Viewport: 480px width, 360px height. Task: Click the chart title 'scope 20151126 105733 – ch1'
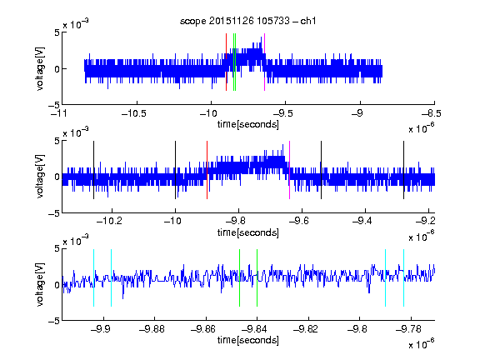(x=248, y=21)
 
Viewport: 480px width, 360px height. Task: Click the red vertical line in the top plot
(x=226, y=62)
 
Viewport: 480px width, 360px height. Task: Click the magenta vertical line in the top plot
(x=264, y=62)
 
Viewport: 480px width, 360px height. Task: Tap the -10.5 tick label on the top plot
(x=134, y=113)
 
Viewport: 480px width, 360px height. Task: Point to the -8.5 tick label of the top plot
(x=432, y=113)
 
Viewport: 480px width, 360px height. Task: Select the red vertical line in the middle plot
(x=207, y=170)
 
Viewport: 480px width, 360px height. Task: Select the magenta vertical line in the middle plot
(x=290, y=170)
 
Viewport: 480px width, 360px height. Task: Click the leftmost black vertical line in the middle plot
(x=93, y=170)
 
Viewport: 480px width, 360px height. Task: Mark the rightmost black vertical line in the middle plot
(x=403, y=170)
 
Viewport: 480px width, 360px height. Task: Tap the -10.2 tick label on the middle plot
(x=109, y=221)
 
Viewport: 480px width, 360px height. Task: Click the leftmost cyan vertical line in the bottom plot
(x=93, y=278)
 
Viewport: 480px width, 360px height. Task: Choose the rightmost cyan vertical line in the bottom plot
(x=403, y=278)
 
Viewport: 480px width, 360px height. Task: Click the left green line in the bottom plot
(x=239, y=278)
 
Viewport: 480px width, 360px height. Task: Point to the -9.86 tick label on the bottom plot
(x=203, y=329)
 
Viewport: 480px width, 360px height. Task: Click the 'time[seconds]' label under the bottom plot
(x=248, y=340)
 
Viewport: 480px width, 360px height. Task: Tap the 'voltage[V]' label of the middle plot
(x=40, y=177)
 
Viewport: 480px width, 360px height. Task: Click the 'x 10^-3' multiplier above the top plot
(x=76, y=23)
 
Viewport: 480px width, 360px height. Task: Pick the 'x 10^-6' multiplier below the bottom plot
(x=422, y=343)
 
